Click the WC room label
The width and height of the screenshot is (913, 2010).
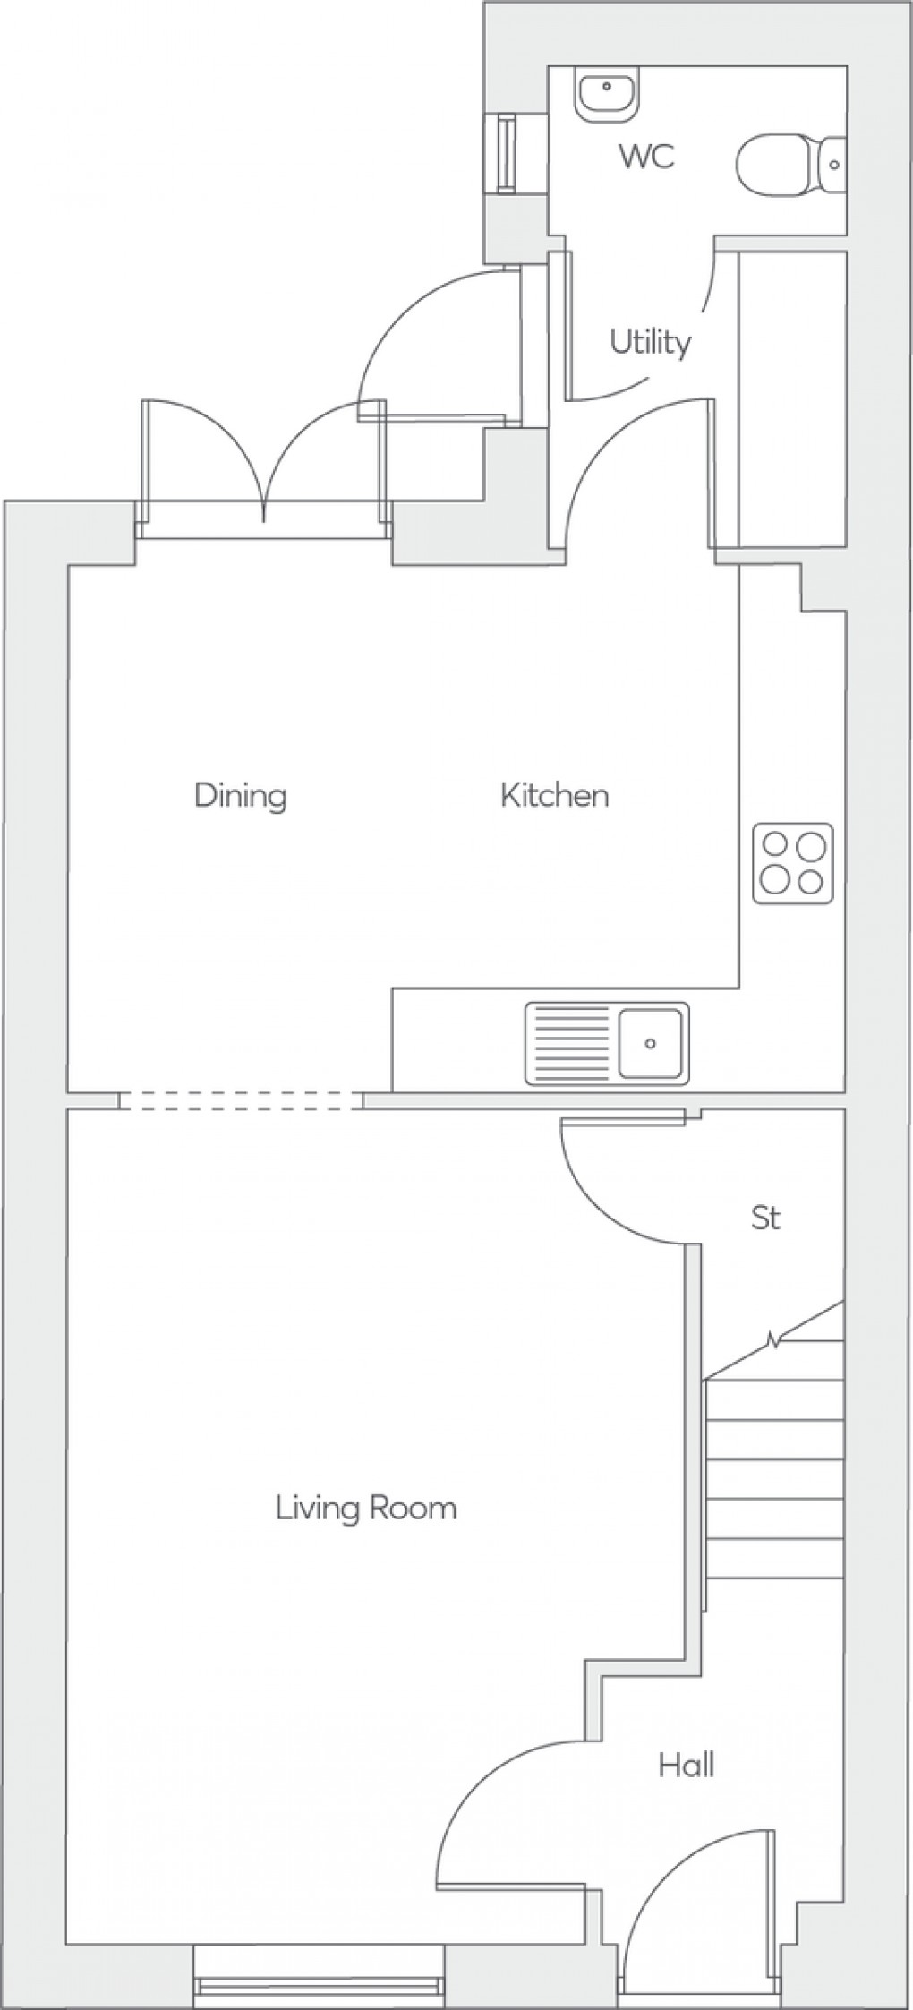point(647,158)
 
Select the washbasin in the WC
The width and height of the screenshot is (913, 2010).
point(608,93)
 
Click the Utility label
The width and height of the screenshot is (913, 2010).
point(650,342)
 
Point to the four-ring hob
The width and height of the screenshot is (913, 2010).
point(792,863)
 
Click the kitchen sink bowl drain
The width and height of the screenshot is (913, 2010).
point(651,1043)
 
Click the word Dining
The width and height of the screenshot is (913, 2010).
point(240,795)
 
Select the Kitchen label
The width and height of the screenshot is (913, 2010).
point(554,795)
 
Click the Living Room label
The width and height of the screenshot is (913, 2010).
point(365,1509)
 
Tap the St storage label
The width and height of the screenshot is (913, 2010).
point(765,1218)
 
